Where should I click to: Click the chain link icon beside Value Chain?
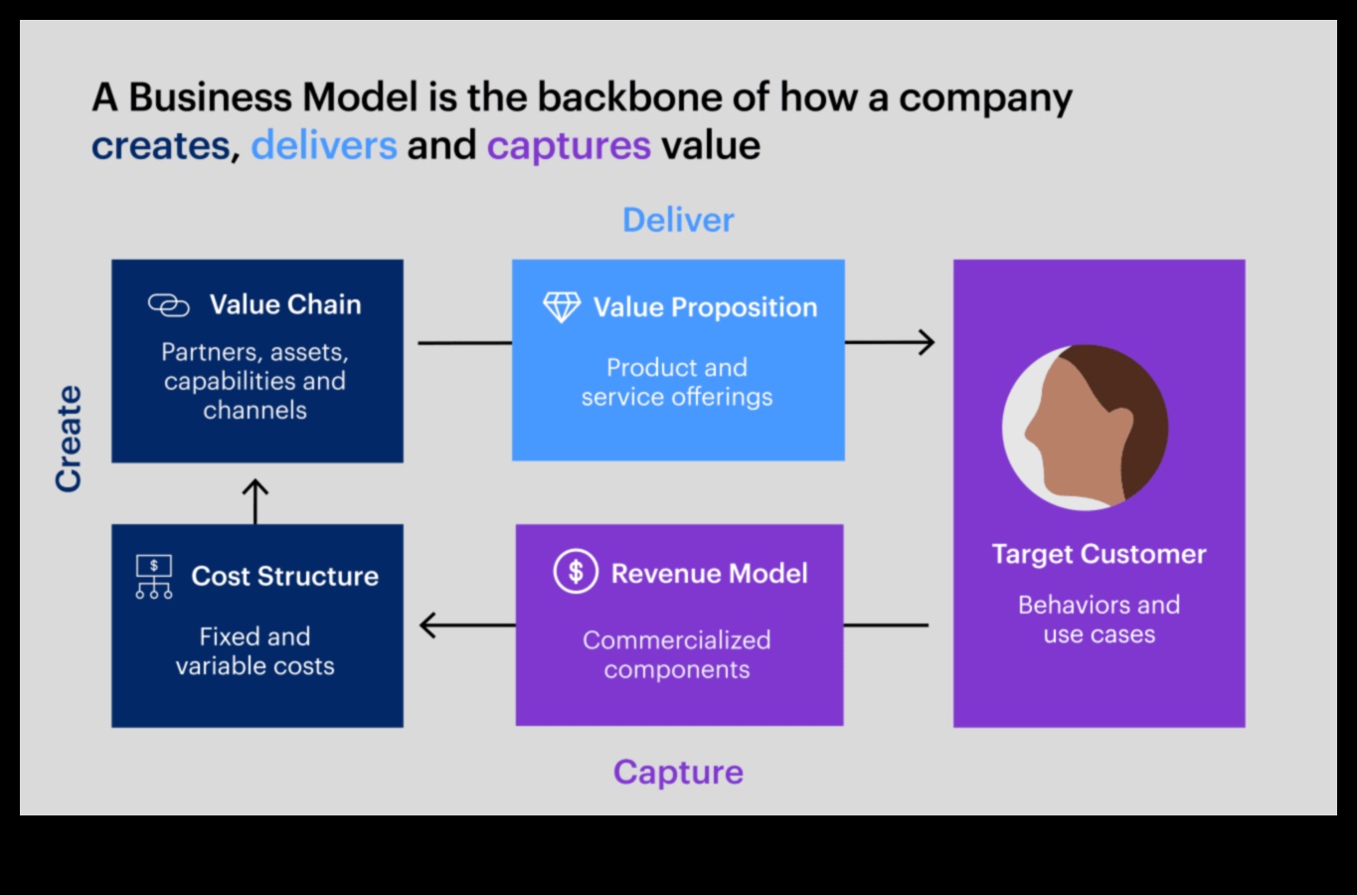(168, 305)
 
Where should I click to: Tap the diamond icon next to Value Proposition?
(562, 307)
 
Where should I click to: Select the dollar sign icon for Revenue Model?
(576, 572)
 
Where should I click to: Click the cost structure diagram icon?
(154, 577)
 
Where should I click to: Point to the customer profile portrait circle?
(1085, 428)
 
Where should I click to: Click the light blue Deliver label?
(678, 220)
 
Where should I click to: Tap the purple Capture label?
(678, 772)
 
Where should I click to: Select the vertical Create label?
(69, 439)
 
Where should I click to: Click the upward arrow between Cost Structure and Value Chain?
(255, 500)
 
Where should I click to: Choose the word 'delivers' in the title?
(323, 146)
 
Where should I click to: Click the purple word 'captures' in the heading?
(569, 146)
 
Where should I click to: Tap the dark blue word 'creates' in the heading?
(161, 146)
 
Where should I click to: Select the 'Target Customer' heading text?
(1099, 554)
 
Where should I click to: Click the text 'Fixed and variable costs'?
(255, 651)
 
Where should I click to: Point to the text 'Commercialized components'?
(677, 654)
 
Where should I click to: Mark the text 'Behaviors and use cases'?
(1099, 620)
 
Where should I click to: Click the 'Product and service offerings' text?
(677, 382)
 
